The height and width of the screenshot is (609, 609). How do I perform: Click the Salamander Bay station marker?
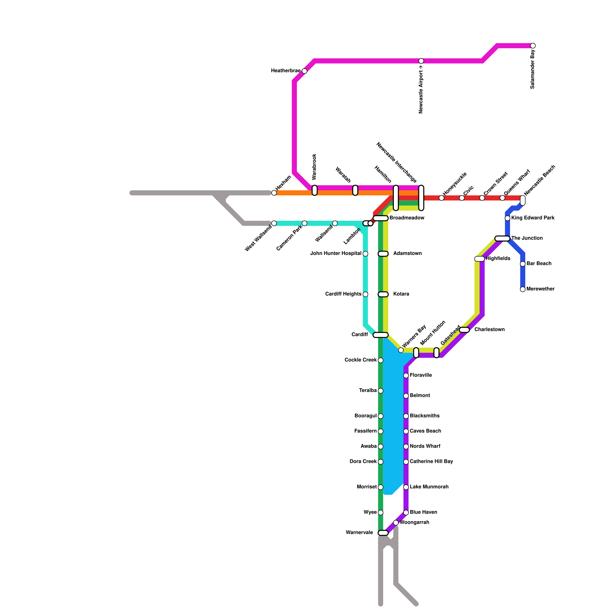[x=533, y=46]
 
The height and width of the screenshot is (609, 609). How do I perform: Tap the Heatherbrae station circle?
[x=304, y=71]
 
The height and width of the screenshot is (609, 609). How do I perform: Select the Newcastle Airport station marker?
[x=421, y=61]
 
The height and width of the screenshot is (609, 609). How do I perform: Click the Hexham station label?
[x=283, y=183]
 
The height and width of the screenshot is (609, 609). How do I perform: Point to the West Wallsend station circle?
[x=274, y=223]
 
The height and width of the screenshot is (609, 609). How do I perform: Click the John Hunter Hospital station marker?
[x=365, y=254]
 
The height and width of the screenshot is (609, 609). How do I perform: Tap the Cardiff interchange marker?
[x=381, y=335]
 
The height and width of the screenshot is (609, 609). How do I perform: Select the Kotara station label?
[x=401, y=294]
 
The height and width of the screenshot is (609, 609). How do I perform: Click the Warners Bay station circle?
[x=401, y=350]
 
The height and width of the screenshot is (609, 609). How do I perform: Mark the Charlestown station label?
[x=489, y=330]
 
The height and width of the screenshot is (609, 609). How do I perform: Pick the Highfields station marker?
[x=480, y=259]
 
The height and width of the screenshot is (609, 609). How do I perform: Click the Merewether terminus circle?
[x=523, y=289]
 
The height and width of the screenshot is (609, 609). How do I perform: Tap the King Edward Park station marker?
[x=507, y=218]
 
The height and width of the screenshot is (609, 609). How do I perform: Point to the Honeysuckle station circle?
[x=442, y=198]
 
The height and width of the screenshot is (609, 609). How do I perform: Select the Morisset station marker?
[x=381, y=487]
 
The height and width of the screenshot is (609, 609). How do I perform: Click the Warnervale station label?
[x=359, y=533]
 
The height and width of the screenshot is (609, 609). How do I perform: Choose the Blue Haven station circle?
[x=406, y=513]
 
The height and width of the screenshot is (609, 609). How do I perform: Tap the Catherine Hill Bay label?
[x=431, y=462]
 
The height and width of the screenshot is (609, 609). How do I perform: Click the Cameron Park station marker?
[x=304, y=223]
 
